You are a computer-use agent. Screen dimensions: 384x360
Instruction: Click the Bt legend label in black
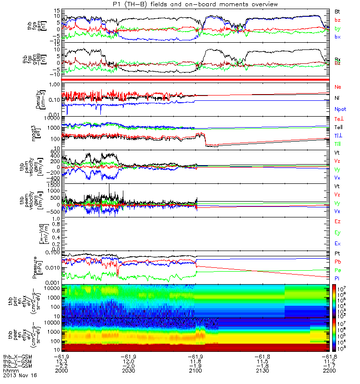click(338, 10)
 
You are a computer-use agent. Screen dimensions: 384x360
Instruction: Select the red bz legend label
click(338, 20)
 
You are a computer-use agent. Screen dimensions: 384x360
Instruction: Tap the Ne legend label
click(338, 87)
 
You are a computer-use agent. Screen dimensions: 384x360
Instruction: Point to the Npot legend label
click(340, 109)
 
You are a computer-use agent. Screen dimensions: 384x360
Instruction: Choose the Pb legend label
click(338, 262)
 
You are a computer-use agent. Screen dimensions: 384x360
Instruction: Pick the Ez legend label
click(338, 222)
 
